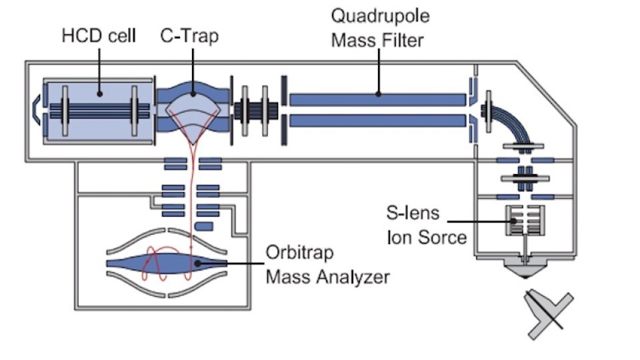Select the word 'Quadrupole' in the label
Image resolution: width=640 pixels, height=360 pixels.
pyautogui.click(x=377, y=15)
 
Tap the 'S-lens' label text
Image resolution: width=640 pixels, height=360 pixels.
pyautogui.click(x=413, y=213)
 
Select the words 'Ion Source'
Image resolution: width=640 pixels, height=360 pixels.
pyautogui.click(x=427, y=237)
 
